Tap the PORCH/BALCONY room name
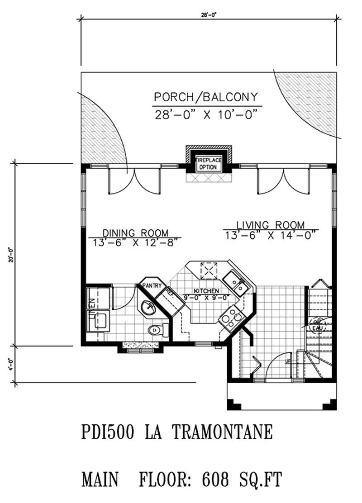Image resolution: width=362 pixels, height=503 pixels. pos(206,97)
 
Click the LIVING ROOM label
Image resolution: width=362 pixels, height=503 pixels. pos(271,225)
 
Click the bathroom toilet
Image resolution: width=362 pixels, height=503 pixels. pos(158,330)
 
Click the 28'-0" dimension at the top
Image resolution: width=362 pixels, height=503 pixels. pos(209,15)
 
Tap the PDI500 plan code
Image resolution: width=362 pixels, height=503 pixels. pos(108,432)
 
